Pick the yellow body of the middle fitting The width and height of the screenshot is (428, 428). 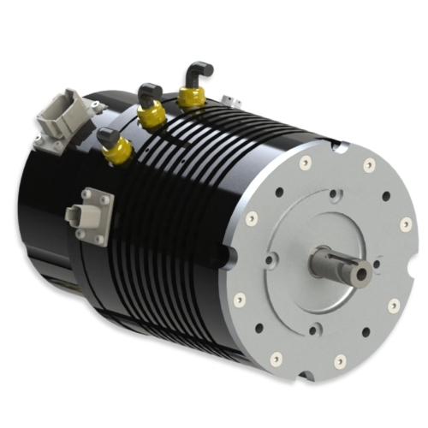[x=152, y=116]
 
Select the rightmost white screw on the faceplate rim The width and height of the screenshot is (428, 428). [x=405, y=224]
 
